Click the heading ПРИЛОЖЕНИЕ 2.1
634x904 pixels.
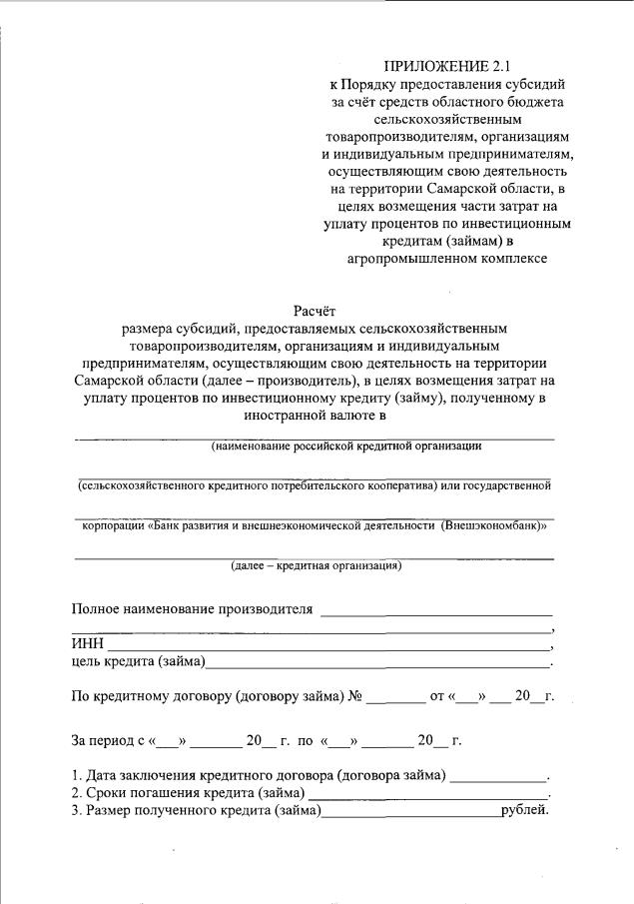click(x=446, y=67)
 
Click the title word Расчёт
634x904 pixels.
click(x=316, y=311)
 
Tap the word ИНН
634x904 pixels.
click(x=85, y=643)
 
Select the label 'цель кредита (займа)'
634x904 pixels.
click(x=138, y=661)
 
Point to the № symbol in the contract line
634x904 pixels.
click(x=353, y=696)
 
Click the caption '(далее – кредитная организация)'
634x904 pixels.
click(x=316, y=566)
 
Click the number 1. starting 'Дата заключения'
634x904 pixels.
click(x=77, y=775)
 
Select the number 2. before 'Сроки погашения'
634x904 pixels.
click(x=77, y=792)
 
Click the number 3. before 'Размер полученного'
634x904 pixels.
click(x=77, y=809)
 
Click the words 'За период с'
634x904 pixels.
click(x=107, y=741)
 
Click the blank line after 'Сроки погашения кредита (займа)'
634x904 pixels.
click(x=429, y=794)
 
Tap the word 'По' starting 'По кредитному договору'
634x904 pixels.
click(x=81, y=696)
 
